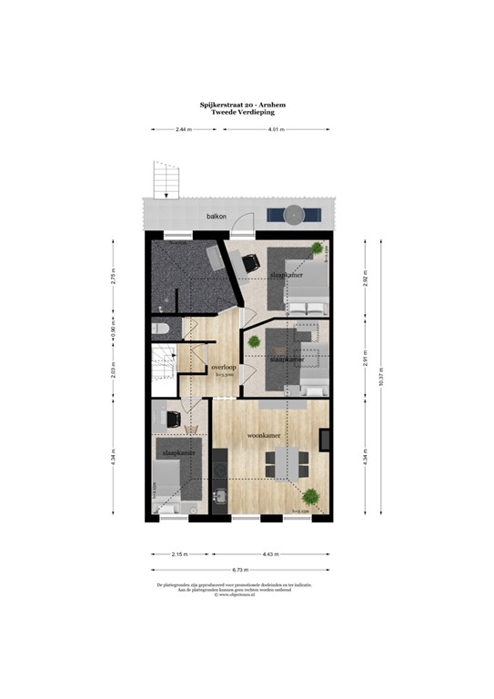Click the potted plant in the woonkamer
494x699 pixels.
click(311, 497)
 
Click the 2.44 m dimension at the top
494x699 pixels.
click(184, 130)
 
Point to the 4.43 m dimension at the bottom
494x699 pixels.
click(273, 553)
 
